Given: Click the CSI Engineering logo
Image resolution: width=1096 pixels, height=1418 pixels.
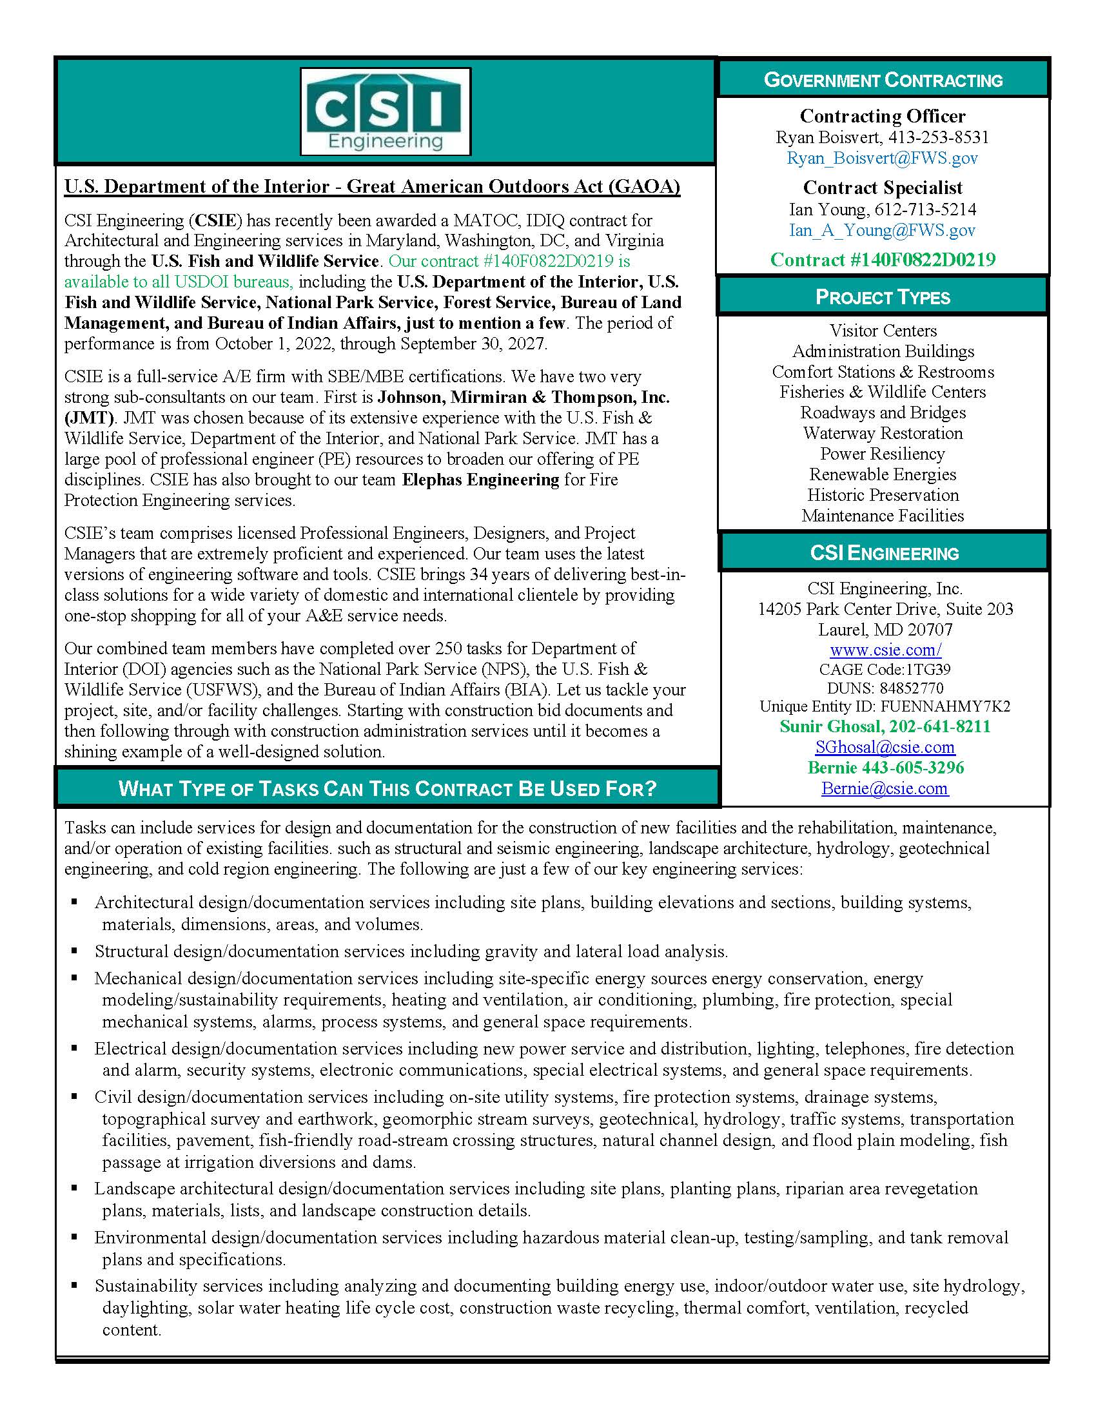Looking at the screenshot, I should coord(385,112).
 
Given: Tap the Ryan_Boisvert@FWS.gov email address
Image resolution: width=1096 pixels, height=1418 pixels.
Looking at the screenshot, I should coord(883,158).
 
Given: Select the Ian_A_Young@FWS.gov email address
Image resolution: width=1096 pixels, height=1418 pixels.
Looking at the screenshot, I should coord(883,230).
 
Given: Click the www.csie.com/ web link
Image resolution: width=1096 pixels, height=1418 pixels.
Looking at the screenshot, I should coord(886,650).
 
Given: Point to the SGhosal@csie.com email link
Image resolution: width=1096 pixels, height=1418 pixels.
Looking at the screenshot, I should coord(885,747).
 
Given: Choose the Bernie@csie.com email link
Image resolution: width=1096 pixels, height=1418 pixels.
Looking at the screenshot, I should coord(885,788).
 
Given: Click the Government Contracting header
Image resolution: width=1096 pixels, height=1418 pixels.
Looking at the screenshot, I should coord(883,80).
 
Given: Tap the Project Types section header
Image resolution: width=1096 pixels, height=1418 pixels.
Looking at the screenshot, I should coord(883,297).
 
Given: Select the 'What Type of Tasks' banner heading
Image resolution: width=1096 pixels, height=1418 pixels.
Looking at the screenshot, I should coord(387,789).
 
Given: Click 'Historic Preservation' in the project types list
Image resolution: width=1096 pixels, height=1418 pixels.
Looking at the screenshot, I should coord(883,496).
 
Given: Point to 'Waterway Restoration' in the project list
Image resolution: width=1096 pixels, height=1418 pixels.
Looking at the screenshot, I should coord(883,433).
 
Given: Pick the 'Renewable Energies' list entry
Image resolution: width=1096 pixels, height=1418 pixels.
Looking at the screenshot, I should coord(883,474).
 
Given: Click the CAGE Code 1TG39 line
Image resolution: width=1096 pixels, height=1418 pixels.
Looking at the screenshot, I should coord(885,670).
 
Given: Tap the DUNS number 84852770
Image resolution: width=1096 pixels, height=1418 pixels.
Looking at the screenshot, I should coord(885,688).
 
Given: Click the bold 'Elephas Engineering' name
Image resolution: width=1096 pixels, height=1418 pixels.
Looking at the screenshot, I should coord(480,480).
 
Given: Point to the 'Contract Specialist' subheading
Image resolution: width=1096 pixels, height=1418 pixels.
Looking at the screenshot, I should coord(883,188).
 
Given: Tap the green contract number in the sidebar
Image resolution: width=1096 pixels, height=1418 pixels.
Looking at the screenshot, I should coord(883,260).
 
